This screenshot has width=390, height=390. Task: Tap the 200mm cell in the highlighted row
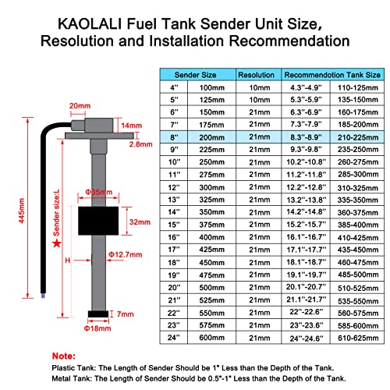(212, 136)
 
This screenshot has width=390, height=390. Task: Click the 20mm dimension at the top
(79, 106)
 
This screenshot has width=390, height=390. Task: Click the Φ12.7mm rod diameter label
(125, 254)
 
